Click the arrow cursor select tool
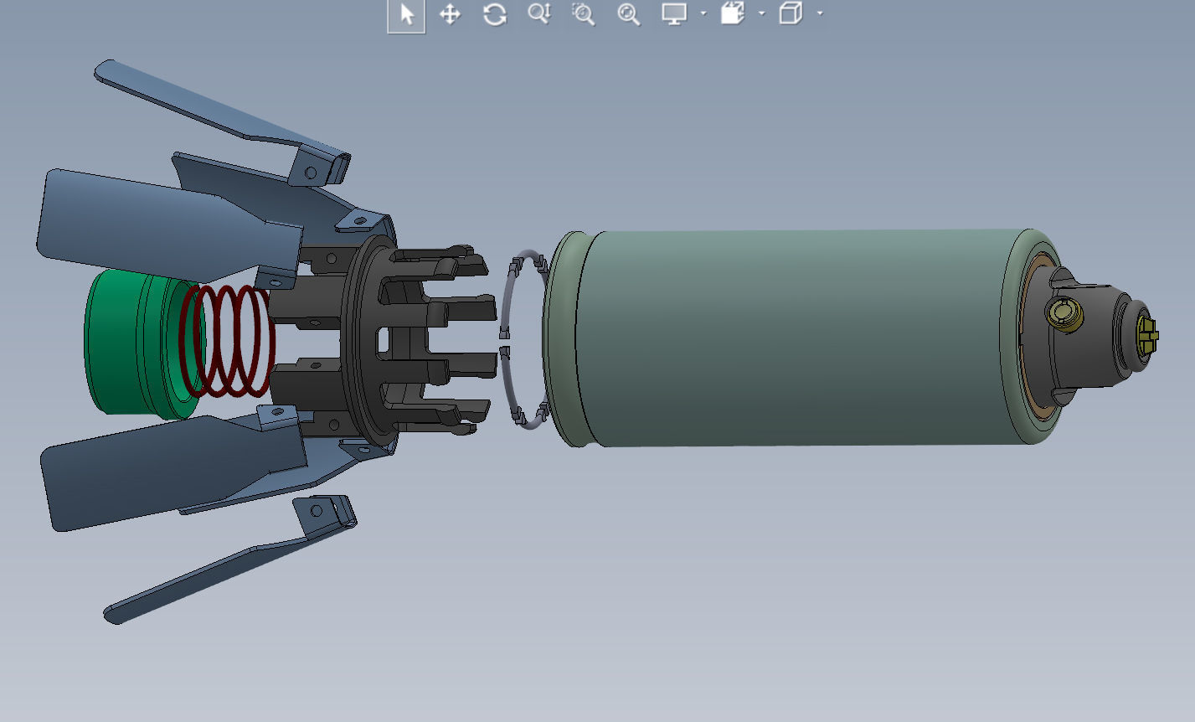(x=406, y=15)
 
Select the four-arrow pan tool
(x=451, y=14)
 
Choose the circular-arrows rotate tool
(x=495, y=14)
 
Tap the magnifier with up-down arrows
(x=538, y=14)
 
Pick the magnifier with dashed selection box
(x=583, y=14)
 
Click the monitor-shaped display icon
(x=674, y=14)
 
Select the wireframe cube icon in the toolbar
(x=790, y=14)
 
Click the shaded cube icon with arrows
(x=732, y=14)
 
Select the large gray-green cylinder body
(x=787, y=335)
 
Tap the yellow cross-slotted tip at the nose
(x=1147, y=335)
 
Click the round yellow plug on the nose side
(x=1064, y=314)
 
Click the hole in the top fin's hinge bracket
(x=311, y=173)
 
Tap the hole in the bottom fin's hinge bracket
(x=317, y=509)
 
